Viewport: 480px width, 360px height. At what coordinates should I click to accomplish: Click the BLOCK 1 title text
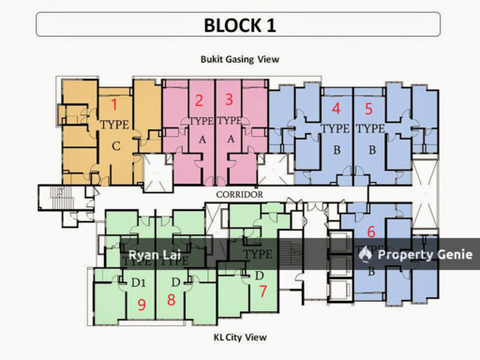coord(239,24)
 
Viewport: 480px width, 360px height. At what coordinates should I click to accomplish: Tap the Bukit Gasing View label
coord(240,59)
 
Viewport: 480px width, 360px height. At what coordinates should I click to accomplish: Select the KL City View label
coord(240,337)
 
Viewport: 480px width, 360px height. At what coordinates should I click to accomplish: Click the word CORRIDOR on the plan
coord(239,194)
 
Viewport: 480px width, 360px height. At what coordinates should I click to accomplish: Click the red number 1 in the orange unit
coord(114,104)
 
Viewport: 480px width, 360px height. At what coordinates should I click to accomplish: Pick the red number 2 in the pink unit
coord(199,101)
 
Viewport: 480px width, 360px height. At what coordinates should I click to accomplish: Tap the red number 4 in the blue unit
coord(336,108)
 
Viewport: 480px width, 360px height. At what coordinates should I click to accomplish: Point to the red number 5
coord(368,108)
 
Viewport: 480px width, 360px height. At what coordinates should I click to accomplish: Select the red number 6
coord(371,232)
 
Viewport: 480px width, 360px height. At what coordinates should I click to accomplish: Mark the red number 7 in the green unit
coord(262,291)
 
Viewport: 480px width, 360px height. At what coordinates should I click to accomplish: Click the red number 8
coord(171,300)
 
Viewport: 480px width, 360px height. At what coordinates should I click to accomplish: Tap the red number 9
coord(142,304)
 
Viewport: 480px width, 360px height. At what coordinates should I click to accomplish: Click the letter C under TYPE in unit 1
coord(114,145)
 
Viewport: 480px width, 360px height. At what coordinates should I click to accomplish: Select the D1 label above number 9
coord(140,281)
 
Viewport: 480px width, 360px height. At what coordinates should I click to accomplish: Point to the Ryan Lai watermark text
coord(155,255)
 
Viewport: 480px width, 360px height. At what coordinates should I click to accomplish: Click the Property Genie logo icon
coord(365,254)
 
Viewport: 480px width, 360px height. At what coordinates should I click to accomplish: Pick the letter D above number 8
coord(174,281)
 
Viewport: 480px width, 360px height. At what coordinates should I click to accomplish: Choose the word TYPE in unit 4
coord(335,128)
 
